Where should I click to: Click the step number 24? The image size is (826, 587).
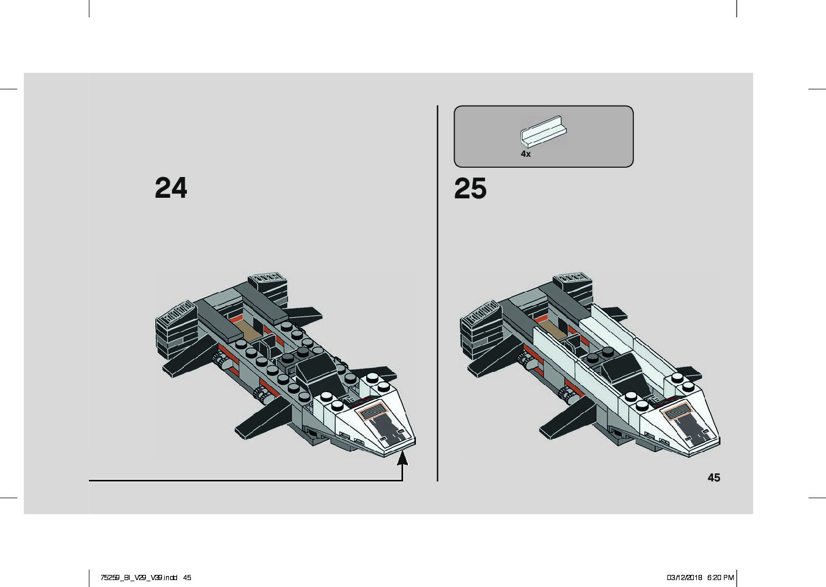tap(171, 188)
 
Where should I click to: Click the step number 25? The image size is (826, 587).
tap(470, 189)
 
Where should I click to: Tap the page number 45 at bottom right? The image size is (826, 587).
tap(714, 477)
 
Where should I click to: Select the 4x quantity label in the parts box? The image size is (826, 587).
tap(525, 154)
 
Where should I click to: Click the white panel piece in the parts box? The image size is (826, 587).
tap(543, 131)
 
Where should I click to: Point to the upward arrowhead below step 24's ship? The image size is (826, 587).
tap(403, 458)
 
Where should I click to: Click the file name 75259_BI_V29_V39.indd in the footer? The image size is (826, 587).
tap(138, 577)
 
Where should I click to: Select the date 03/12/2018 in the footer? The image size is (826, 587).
tap(684, 577)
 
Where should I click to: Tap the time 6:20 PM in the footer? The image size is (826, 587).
tap(720, 577)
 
